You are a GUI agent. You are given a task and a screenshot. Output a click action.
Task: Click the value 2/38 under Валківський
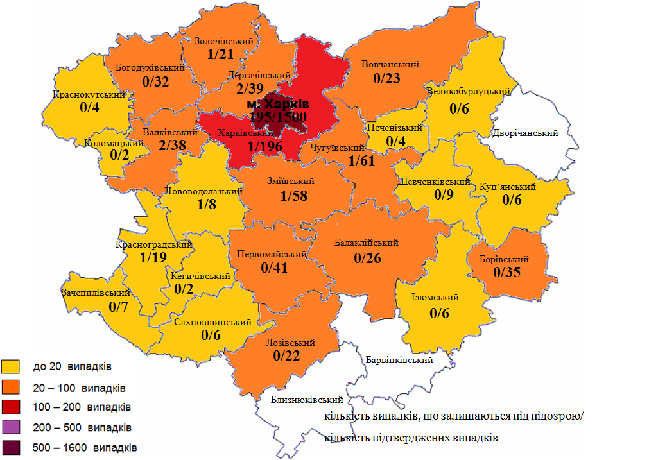click(172, 146)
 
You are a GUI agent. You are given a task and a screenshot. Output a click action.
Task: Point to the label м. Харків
click(278, 104)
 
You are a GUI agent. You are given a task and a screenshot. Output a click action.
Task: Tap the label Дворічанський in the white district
click(524, 133)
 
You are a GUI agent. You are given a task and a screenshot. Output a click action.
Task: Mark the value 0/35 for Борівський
click(507, 272)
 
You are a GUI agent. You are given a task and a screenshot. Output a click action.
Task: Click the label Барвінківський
click(398, 360)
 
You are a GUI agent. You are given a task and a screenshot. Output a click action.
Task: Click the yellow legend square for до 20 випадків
click(12, 368)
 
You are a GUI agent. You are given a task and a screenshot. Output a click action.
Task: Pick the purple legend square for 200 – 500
click(12, 427)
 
